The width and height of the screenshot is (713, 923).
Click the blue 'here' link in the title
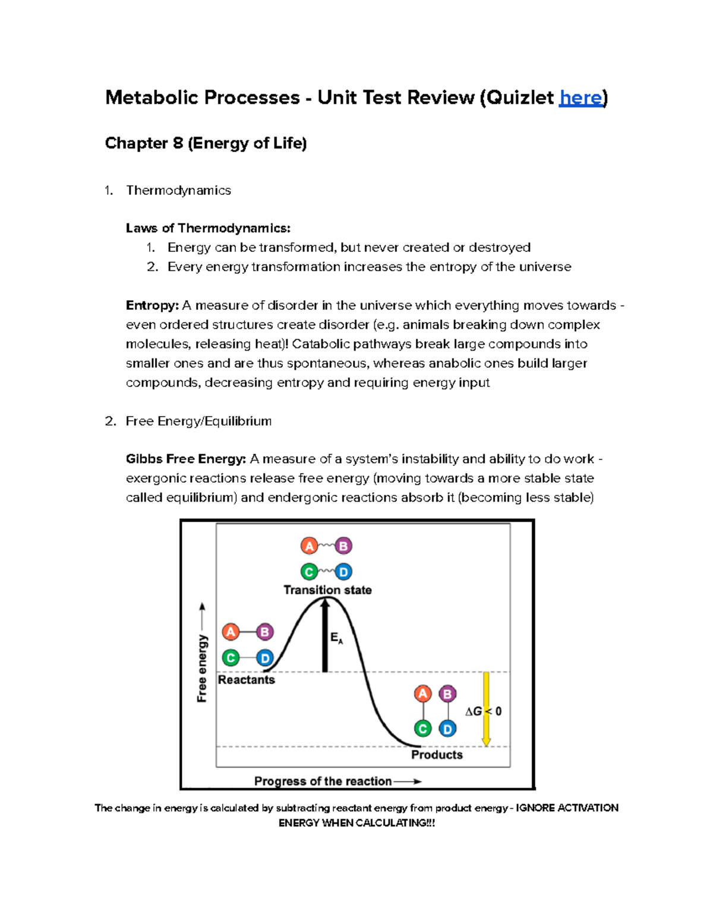coord(581,97)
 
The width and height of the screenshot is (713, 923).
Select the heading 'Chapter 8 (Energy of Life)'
coord(206,143)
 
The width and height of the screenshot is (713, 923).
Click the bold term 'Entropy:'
coord(152,305)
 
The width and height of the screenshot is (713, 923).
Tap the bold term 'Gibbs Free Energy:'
coord(185,459)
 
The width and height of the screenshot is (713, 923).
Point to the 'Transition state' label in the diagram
coord(327,590)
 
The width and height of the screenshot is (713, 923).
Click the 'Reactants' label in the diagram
coord(246,680)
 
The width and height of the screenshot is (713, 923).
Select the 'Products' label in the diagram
coord(437,755)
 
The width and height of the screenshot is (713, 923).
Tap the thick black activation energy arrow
coord(325,636)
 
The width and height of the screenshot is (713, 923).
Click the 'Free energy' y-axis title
coord(202,668)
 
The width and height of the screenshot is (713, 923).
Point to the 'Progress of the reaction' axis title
coord(323,782)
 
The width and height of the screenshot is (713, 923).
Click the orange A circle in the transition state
coord(309,546)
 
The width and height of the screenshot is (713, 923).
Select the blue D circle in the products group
coord(447,729)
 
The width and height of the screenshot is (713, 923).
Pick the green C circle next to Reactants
coord(231,658)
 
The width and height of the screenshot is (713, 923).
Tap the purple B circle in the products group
coord(447,694)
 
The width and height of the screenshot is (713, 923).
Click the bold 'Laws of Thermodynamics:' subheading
coord(208,228)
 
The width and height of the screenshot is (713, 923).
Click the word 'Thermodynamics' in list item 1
coord(178,190)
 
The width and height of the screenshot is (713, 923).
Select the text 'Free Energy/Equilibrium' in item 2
coord(198,421)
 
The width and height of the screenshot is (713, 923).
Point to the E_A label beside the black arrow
coord(336,638)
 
